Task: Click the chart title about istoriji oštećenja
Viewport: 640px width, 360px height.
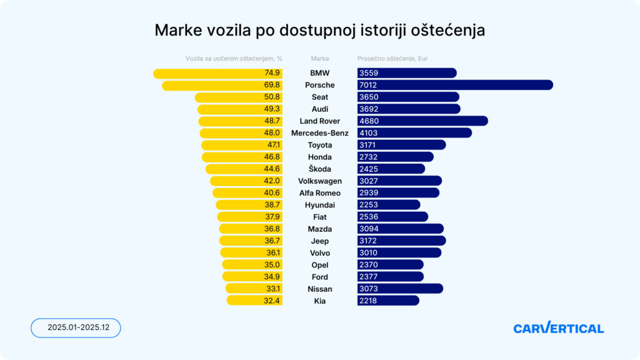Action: point(319,30)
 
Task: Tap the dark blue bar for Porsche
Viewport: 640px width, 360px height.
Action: point(455,85)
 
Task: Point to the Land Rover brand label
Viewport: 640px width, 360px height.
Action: point(319,121)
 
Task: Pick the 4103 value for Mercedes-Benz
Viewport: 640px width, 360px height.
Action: point(369,133)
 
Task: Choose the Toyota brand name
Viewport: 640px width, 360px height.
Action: point(319,145)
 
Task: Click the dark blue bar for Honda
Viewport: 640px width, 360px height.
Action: point(395,157)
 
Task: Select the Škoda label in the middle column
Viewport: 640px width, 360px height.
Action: point(319,169)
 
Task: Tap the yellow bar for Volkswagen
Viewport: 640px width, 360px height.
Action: point(246,181)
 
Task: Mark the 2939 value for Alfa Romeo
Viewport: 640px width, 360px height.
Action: point(369,193)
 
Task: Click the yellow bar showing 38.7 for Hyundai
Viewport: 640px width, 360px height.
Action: point(249,205)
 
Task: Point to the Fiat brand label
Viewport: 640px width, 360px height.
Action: point(319,217)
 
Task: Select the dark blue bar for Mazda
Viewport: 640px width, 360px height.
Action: point(400,229)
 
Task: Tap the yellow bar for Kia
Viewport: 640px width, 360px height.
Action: point(254,301)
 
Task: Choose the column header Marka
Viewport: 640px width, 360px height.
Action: point(319,59)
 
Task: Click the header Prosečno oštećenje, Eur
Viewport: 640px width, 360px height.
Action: point(392,59)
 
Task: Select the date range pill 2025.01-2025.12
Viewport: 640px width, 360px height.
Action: point(75,327)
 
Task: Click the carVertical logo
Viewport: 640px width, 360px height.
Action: point(558,328)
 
